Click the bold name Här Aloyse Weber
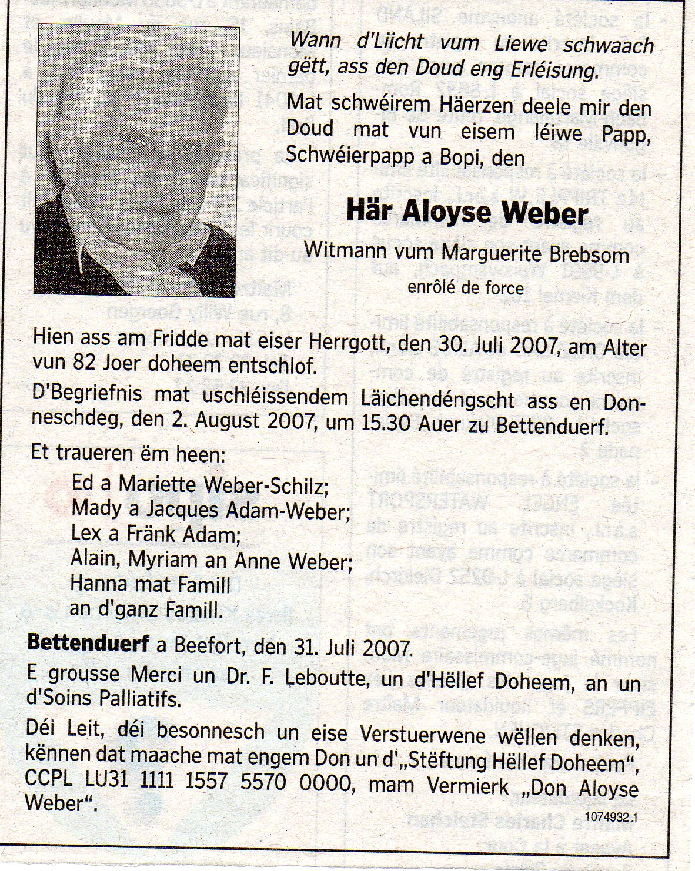click(467, 213)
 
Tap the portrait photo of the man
click(137, 159)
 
